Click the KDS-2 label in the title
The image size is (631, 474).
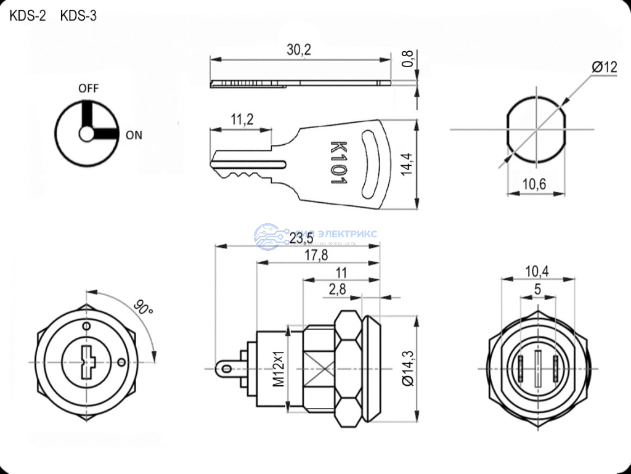pos(27,16)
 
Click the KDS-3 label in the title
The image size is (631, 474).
pos(78,16)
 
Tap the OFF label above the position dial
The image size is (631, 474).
pos(88,88)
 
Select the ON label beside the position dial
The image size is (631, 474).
pos(134,136)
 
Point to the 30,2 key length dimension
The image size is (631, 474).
pos(299,50)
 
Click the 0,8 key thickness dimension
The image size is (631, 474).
pos(407,59)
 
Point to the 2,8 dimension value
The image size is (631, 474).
pos(337,289)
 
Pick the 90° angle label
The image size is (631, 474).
pos(144,306)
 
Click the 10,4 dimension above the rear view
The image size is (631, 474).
pos(538,271)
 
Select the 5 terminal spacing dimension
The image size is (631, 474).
pos(537,288)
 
